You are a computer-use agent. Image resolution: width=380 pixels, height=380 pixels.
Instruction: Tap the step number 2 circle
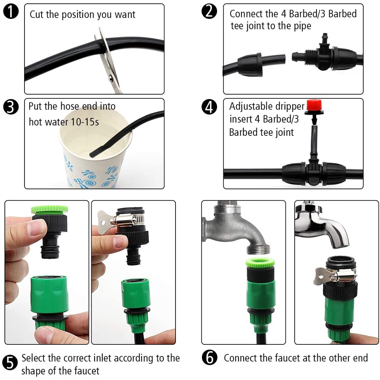209,12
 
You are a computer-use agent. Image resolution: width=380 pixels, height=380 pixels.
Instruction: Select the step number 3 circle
11,107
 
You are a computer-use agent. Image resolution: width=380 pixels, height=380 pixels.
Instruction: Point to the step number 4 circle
209,107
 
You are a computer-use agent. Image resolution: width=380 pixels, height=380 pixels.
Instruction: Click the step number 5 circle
10,363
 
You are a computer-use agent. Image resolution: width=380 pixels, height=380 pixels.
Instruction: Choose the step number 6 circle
209,358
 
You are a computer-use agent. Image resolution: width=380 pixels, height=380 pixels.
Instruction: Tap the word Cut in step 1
37,14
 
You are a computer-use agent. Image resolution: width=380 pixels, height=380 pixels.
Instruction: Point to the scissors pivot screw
110,78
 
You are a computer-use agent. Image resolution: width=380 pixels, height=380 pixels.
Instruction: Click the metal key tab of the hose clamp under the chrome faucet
322,276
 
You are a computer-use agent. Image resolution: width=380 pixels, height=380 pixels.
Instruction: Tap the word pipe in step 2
302,26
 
